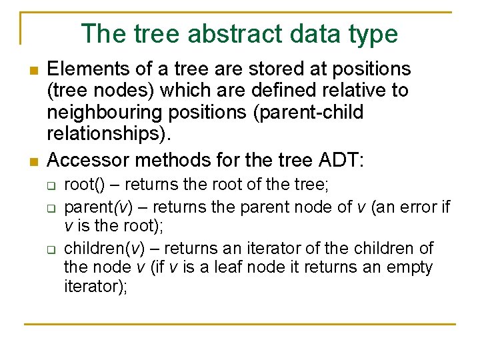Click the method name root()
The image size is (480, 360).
point(83,187)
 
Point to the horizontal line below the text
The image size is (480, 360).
point(240,324)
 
